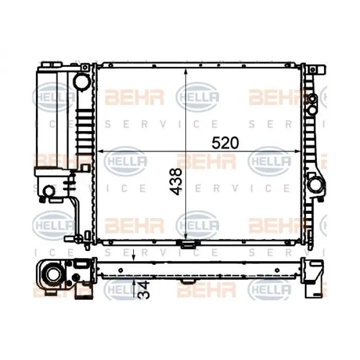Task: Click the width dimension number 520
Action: pos(225,143)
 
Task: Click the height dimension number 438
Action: pos(176,181)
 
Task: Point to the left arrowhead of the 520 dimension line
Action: pos(100,151)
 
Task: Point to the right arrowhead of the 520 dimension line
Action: pos(299,151)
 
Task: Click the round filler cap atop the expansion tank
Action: pos(80,81)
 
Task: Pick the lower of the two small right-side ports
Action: pos(312,109)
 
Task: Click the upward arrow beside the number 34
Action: pos(134,284)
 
